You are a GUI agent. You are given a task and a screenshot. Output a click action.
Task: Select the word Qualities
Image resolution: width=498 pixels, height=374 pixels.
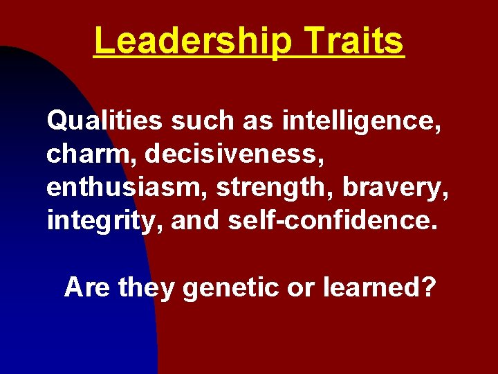point(103,121)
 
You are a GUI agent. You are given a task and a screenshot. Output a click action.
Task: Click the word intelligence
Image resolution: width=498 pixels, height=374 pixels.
point(361,121)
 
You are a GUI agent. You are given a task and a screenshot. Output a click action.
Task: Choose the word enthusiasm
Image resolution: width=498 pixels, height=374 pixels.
point(129,187)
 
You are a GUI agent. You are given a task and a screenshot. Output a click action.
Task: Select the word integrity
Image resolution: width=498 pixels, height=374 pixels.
point(104,220)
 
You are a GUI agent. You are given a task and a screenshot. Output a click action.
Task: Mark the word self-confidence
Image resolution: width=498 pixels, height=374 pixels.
point(324,220)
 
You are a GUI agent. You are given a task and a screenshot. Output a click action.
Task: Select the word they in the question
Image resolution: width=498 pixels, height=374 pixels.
point(147,286)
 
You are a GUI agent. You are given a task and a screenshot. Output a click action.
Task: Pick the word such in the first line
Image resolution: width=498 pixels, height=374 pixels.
point(202,121)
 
